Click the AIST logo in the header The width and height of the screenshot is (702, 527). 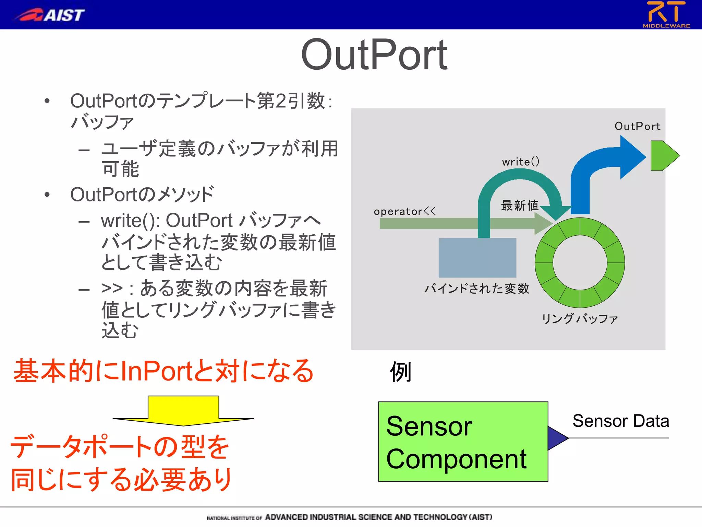[50, 15]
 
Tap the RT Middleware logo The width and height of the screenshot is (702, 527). [666, 14]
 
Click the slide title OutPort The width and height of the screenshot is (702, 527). [374, 55]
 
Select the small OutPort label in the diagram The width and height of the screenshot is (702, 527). [637, 126]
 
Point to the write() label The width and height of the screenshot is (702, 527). [520, 162]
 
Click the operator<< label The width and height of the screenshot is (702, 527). [404, 211]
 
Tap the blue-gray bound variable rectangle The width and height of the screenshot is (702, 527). [477, 258]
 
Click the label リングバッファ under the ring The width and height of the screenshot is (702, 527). [579, 318]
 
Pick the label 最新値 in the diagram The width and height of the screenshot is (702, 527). [519, 205]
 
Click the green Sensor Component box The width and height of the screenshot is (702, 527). [463, 442]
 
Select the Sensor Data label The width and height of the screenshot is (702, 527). [620, 421]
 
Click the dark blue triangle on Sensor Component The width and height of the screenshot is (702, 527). [556, 438]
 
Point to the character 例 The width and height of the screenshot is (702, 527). [400, 372]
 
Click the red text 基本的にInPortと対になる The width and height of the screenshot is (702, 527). [163, 371]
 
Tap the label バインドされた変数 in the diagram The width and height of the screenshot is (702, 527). [476, 288]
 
